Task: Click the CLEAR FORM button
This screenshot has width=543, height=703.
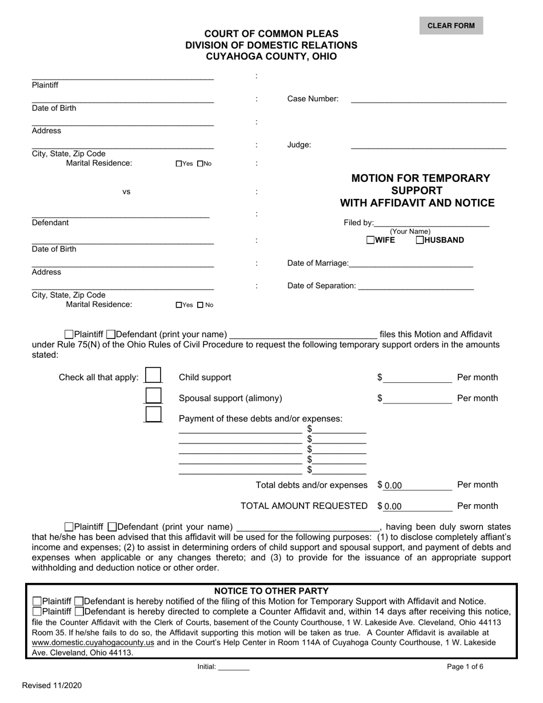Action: pyautogui.click(x=451, y=26)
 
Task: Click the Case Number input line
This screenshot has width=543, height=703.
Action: pyautogui.click(x=428, y=98)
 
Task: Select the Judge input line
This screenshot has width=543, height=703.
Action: pyautogui.click(x=428, y=144)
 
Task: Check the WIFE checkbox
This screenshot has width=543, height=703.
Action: pyautogui.click(x=371, y=241)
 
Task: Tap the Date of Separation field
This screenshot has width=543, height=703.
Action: pyautogui.click(x=415, y=285)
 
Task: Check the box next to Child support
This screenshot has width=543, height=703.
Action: pyautogui.click(x=153, y=376)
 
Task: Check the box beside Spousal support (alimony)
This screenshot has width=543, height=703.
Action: pyautogui.click(x=153, y=396)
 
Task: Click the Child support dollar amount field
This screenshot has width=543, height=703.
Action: pyautogui.click(x=417, y=377)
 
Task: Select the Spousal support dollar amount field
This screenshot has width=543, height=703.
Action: pyautogui.click(x=417, y=398)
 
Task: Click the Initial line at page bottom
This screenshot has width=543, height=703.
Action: pyautogui.click(x=233, y=666)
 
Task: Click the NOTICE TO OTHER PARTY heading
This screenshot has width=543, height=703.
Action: pyautogui.click(x=271, y=591)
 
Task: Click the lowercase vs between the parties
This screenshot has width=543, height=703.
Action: pyautogui.click(x=126, y=192)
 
